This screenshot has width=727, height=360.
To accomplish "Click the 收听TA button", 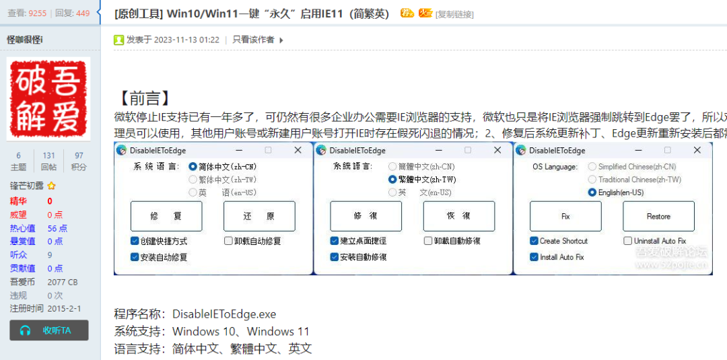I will coord(50,330).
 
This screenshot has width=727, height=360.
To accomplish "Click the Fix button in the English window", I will coord(565,216).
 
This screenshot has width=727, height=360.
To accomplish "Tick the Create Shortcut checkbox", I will coord(534,241).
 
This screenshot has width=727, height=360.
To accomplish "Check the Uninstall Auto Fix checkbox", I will coord(627,241).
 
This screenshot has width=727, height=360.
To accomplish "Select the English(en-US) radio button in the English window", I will coord(592,192).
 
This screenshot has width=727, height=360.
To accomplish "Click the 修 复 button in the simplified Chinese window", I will coord(166,216).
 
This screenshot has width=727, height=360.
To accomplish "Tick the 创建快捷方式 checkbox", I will coord(135,241).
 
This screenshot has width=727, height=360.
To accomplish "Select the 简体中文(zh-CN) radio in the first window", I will coord(193,166).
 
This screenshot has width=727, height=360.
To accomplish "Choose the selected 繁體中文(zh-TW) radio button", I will coord(392,180).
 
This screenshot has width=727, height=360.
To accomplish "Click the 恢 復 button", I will coord(458,216).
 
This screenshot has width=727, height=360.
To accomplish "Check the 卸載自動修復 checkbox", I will coord(428,241).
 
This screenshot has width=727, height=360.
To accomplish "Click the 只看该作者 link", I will coord(253,40).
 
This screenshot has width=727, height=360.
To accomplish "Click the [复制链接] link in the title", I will coord(454,14).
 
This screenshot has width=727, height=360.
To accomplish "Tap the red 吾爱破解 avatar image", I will coord(48,98).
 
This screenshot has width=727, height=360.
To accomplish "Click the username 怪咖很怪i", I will coord(25,40).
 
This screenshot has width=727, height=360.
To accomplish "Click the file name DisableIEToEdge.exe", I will coord(224,314).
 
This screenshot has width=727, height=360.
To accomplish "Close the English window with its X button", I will coord(697,150).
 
